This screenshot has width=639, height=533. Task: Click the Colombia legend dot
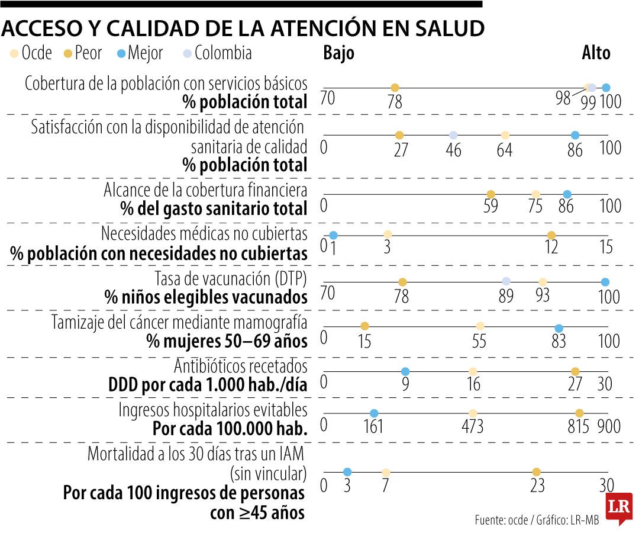tap(186, 54)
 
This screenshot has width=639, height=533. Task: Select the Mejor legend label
tap(145, 53)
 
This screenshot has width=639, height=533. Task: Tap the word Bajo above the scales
tap(338, 53)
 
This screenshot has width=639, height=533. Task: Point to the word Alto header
tap(595, 53)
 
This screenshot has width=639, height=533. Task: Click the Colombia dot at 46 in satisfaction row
tap(453, 135)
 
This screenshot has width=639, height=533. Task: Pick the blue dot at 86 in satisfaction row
tap(575, 135)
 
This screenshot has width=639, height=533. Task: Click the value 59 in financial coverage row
tap(490, 206)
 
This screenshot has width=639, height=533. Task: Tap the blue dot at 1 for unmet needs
tap(333, 235)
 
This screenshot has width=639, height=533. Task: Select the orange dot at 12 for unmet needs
tap(551, 235)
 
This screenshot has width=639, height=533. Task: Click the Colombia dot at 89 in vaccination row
tap(506, 281)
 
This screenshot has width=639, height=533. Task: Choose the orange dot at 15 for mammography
tap(364, 326)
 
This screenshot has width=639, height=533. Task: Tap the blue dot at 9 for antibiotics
tap(405, 371)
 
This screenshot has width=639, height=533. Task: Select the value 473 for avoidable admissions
tap(473, 426)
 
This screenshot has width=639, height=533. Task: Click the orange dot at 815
tap(579, 413)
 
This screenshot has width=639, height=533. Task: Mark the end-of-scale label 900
tap(609, 426)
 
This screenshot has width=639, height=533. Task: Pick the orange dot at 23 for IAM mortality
tap(536, 472)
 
